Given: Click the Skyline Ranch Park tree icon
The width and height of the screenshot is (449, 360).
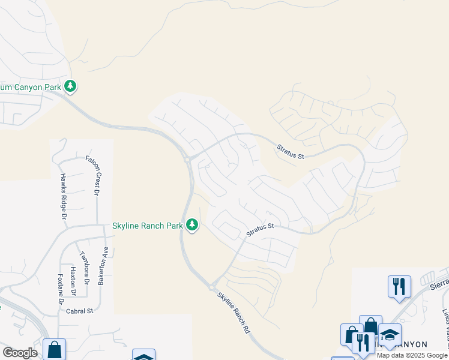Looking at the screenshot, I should click(x=192, y=226).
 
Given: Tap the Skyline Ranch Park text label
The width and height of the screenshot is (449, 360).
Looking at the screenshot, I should click(x=148, y=226).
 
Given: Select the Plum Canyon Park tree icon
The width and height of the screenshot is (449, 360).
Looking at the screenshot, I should click(x=71, y=86).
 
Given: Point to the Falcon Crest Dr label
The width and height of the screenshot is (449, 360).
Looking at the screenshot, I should click(x=95, y=175).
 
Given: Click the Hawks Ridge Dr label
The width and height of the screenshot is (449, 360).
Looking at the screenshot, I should click(x=62, y=191).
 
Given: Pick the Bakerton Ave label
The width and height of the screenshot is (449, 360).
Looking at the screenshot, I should click(x=103, y=265).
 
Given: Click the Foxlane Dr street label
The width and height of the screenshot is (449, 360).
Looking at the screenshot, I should click(x=61, y=289).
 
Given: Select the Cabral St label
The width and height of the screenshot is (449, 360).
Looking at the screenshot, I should click(x=80, y=311).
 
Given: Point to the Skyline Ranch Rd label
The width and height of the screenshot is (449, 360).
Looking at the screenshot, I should click(x=233, y=312).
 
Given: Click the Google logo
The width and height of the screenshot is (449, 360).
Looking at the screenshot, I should click(x=20, y=353).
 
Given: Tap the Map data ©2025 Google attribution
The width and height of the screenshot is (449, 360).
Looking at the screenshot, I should click(x=412, y=355).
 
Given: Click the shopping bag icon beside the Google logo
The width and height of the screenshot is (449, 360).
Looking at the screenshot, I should click(x=54, y=349).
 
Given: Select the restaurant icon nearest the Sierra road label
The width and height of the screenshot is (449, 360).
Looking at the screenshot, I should click(x=399, y=286).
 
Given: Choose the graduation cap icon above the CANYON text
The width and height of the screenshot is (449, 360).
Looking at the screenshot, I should click(x=390, y=335).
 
